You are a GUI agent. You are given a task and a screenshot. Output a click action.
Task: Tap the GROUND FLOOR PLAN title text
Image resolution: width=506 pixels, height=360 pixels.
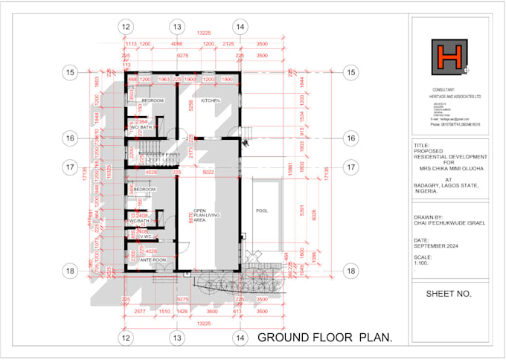tap(324, 338)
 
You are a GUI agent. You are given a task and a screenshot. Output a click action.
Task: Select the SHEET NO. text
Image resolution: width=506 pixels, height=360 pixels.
tap(449, 294)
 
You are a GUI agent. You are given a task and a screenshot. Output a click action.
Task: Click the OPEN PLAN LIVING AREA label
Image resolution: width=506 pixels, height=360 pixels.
tap(205, 215)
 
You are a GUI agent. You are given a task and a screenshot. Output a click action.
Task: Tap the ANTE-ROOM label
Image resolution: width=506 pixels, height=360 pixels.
tap(152, 260)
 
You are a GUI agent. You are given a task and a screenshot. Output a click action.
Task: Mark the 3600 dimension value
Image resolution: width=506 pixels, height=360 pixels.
tap(211, 313)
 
